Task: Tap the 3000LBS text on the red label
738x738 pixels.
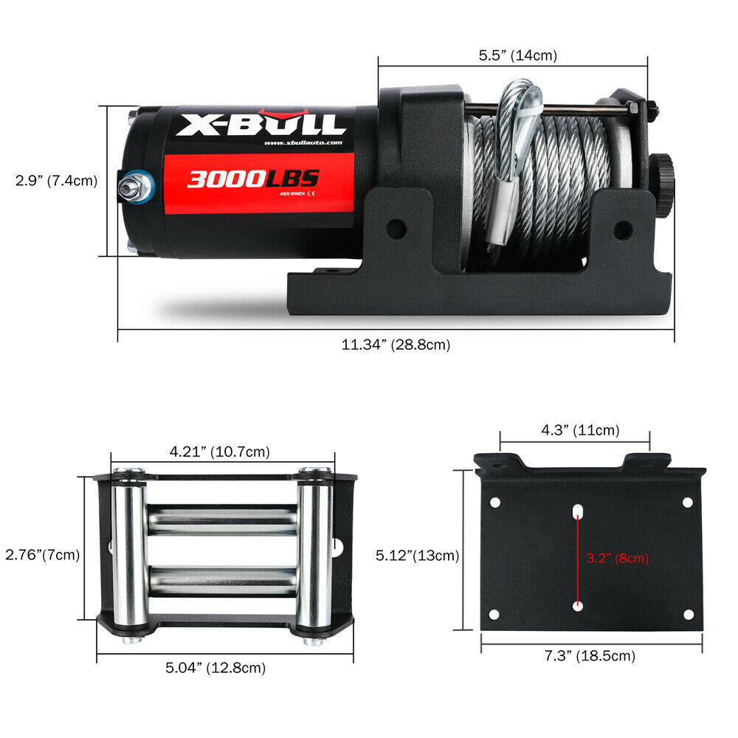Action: (252, 179)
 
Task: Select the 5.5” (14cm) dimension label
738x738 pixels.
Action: (517, 55)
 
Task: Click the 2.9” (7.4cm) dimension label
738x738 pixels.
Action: (56, 180)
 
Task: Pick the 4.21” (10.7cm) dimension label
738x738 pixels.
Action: (220, 451)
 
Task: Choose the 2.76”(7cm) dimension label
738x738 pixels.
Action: (42, 553)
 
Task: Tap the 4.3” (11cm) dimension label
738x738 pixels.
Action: (576, 430)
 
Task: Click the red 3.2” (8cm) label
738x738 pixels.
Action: (617, 558)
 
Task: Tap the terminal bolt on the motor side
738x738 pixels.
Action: (134, 187)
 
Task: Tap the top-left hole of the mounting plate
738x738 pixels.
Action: (494, 502)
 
